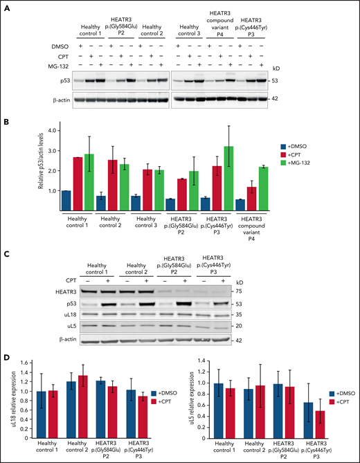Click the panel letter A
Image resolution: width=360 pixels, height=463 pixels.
(5, 6)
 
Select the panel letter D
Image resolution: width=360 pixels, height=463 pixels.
(5, 360)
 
